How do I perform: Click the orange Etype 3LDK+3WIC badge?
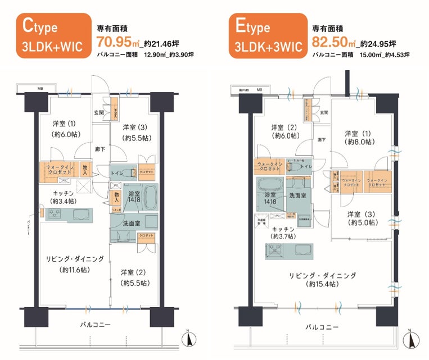click(x=267, y=37)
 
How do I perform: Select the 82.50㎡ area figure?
click(x=333, y=42)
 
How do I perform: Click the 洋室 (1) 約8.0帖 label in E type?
click(x=359, y=138)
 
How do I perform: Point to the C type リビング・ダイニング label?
click(x=75, y=264)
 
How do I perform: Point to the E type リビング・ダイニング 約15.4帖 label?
click(x=323, y=280)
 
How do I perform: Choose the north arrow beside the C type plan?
click(x=189, y=339)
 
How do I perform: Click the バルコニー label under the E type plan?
click(x=322, y=327)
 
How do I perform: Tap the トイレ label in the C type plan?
click(x=118, y=174)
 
